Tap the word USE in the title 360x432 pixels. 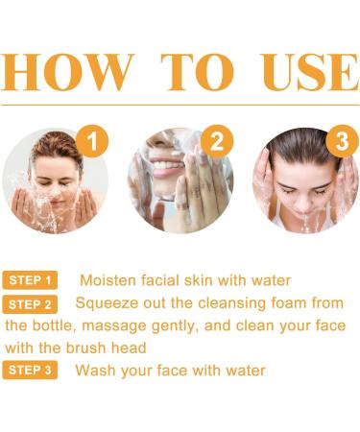point(296,72)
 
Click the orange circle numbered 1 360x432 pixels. point(93,142)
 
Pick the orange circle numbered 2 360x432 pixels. point(216,142)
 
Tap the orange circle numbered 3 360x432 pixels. point(341,142)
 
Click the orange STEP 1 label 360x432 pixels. point(31,280)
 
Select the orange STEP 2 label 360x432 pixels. point(31,304)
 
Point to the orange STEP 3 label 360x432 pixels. point(31,371)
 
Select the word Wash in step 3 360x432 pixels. point(96,371)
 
